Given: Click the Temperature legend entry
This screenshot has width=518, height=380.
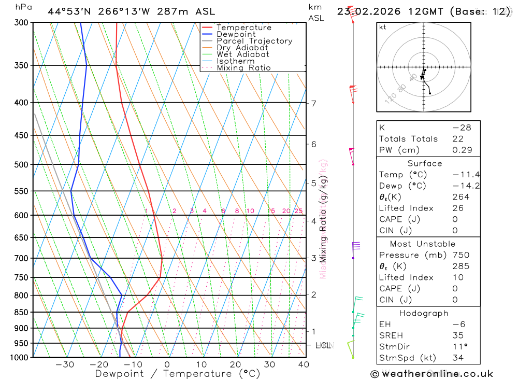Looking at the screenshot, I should click(x=243, y=27).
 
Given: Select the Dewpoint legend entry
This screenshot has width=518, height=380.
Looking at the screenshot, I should click(x=236, y=34).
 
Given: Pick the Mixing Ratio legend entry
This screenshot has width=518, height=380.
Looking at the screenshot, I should click(x=243, y=67).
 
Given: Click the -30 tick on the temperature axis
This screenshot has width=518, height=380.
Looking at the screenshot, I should click(x=64, y=364).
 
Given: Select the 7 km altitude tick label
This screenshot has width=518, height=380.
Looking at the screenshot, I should click(x=313, y=103).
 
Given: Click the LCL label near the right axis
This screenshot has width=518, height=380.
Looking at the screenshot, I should click(x=323, y=345).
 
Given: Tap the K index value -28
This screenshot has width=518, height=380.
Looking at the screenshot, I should click(x=461, y=128).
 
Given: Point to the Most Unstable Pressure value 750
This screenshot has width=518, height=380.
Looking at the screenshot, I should click(x=461, y=255).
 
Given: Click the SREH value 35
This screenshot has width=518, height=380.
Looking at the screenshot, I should click(x=457, y=335).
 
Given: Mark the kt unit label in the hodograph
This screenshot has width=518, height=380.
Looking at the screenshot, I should click(x=382, y=27).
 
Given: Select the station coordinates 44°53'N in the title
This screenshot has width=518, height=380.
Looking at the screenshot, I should click(x=70, y=11).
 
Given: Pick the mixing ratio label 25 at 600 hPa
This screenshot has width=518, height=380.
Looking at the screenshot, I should click(x=298, y=211).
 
